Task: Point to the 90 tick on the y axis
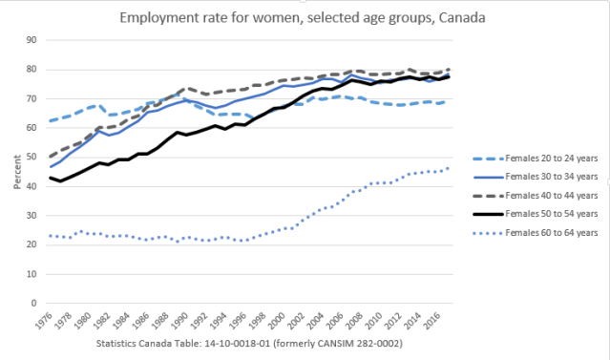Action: point(30,39)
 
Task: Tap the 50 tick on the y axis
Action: point(30,157)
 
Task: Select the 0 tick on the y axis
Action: point(32,304)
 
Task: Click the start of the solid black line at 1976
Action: point(50,178)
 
